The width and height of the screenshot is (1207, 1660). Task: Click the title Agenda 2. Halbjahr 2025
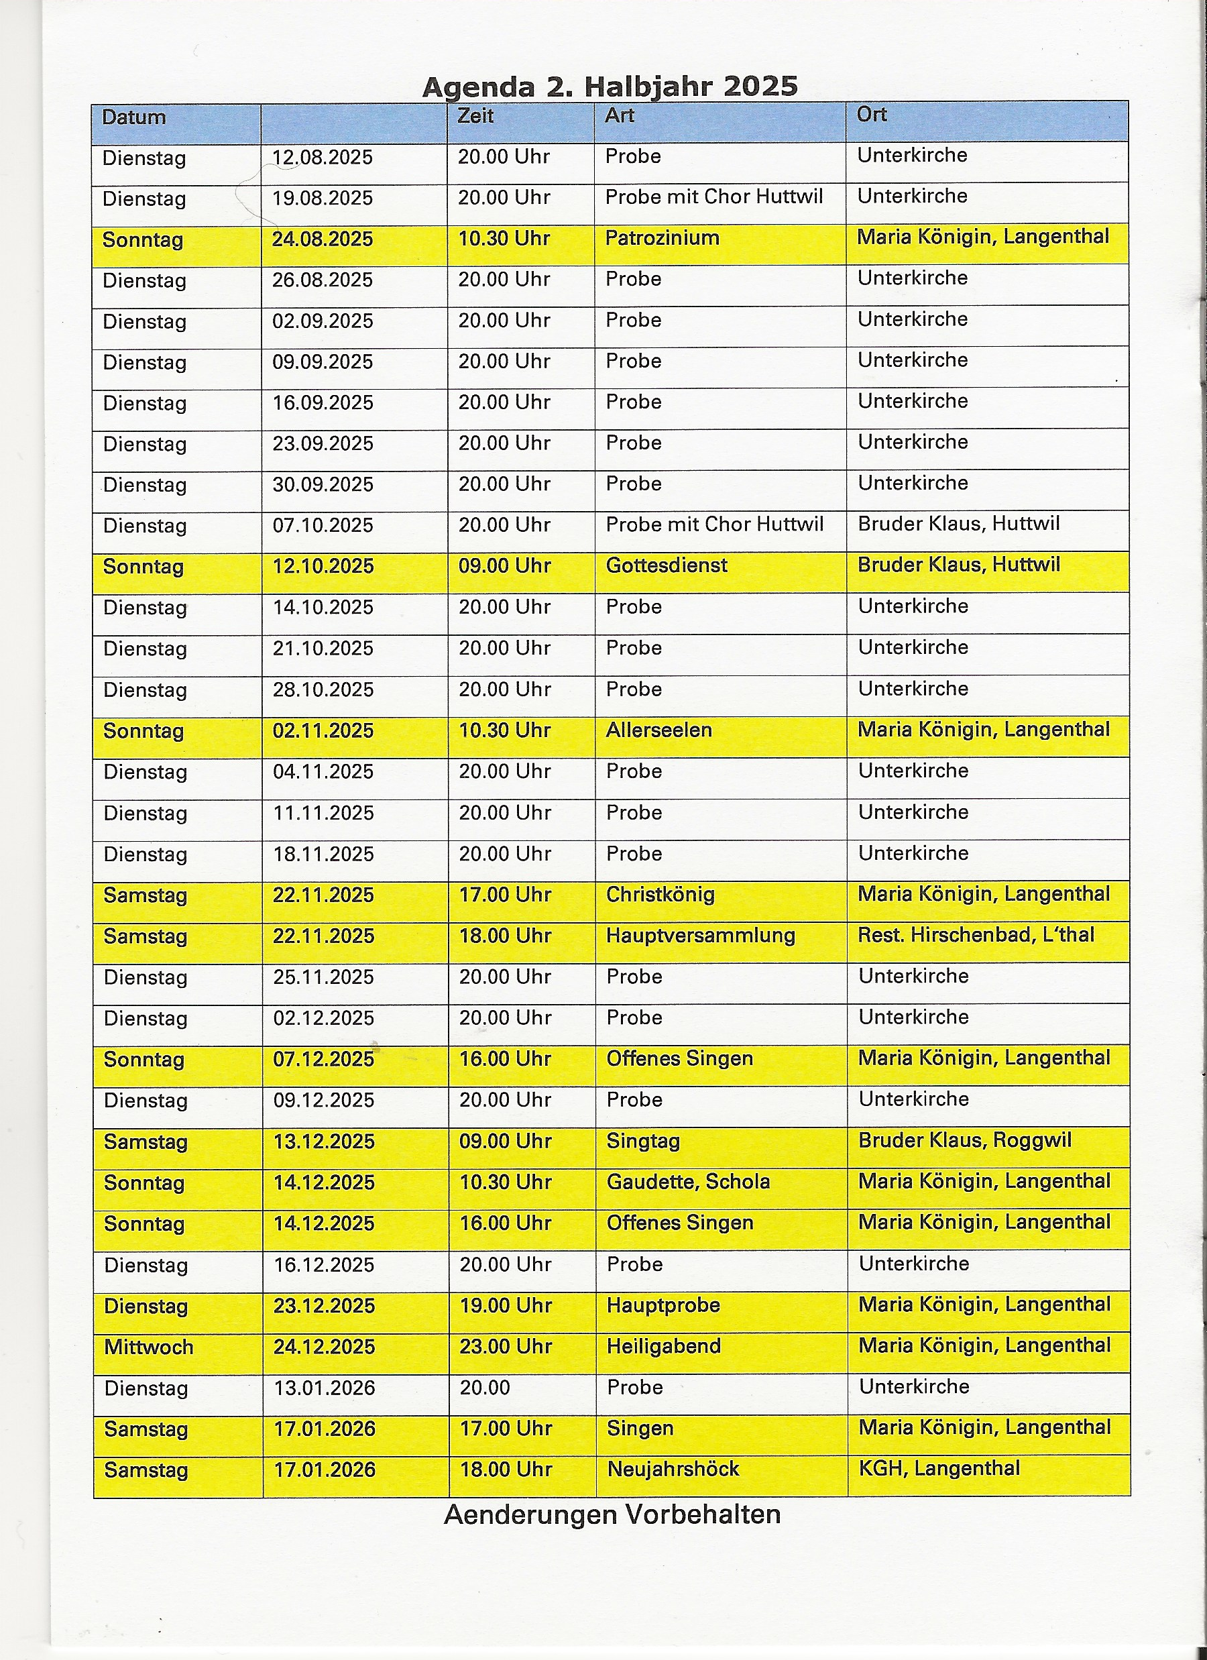pyautogui.click(x=610, y=87)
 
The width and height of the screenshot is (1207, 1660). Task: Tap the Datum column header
pyautogui.click(x=134, y=117)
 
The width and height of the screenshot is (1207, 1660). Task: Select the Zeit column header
pyautogui.click(x=476, y=115)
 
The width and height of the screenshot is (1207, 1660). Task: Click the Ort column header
pyautogui.click(x=872, y=114)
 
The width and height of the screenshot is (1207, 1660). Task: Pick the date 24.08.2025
pyautogui.click(x=323, y=239)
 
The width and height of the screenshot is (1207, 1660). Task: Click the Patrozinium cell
pyautogui.click(x=662, y=238)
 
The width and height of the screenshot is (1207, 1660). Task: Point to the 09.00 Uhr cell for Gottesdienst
pyautogui.click(x=504, y=566)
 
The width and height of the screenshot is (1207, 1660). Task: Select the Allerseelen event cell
pyautogui.click(x=658, y=730)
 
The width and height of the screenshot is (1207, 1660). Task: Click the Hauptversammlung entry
pyautogui.click(x=701, y=935)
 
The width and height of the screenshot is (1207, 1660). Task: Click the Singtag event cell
pyautogui.click(x=643, y=1140)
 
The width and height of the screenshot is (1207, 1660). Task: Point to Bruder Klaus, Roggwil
pyautogui.click(x=965, y=1140)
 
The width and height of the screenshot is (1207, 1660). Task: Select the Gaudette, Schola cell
pyautogui.click(x=688, y=1181)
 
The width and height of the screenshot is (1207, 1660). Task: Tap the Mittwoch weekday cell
pyautogui.click(x=149, y=1347)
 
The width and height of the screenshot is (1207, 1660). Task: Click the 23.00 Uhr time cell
pyautogui.click(x=505, y=1346)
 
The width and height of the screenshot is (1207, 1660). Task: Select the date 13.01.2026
pyautogui.click(x=325, y=1388)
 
